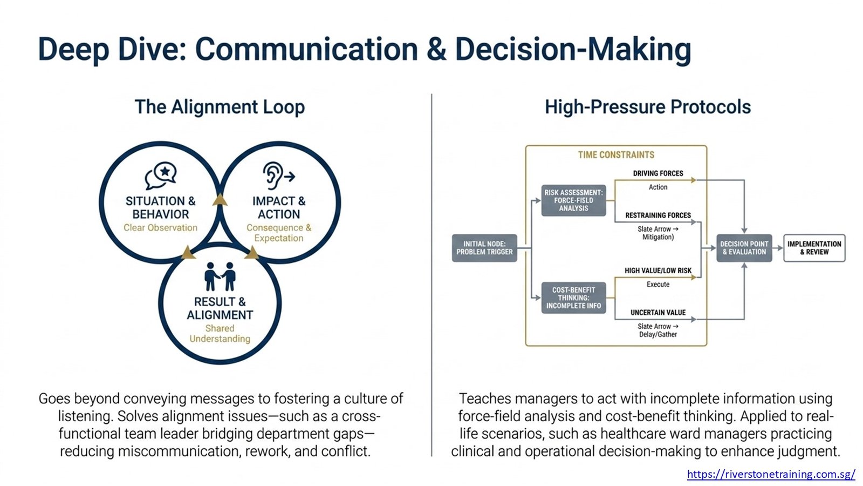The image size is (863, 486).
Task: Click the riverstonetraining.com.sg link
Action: tap(771, 474)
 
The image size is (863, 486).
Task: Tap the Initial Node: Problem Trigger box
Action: tap(484, 248)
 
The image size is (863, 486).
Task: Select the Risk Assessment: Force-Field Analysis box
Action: tap(573, 200)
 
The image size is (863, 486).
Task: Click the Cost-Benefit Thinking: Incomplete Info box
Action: tap(573, 298)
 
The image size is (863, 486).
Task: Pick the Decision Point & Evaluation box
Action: tap(744, 248)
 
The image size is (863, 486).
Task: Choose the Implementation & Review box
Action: tap(814, 248)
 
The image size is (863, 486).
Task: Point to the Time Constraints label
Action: tap(616, 155)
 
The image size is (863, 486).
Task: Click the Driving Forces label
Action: tap(658, 173)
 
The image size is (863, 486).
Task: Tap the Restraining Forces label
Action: tap(658, 215)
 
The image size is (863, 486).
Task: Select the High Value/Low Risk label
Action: tap(658, 271)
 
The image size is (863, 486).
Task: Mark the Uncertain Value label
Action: tap(658, 313)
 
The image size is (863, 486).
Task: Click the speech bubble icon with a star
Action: tap(161, 175)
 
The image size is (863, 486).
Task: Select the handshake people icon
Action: tap(220, 276)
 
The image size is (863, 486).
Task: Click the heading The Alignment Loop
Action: tap(220, 107)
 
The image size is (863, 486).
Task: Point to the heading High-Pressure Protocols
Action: tap(648, 107)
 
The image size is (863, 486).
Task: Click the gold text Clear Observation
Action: tap(160, 227)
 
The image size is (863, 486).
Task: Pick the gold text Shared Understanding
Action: tap(220, 334)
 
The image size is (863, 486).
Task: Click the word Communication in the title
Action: tap(307, 50)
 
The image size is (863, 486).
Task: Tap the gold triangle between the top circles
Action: tap(220, 200)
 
